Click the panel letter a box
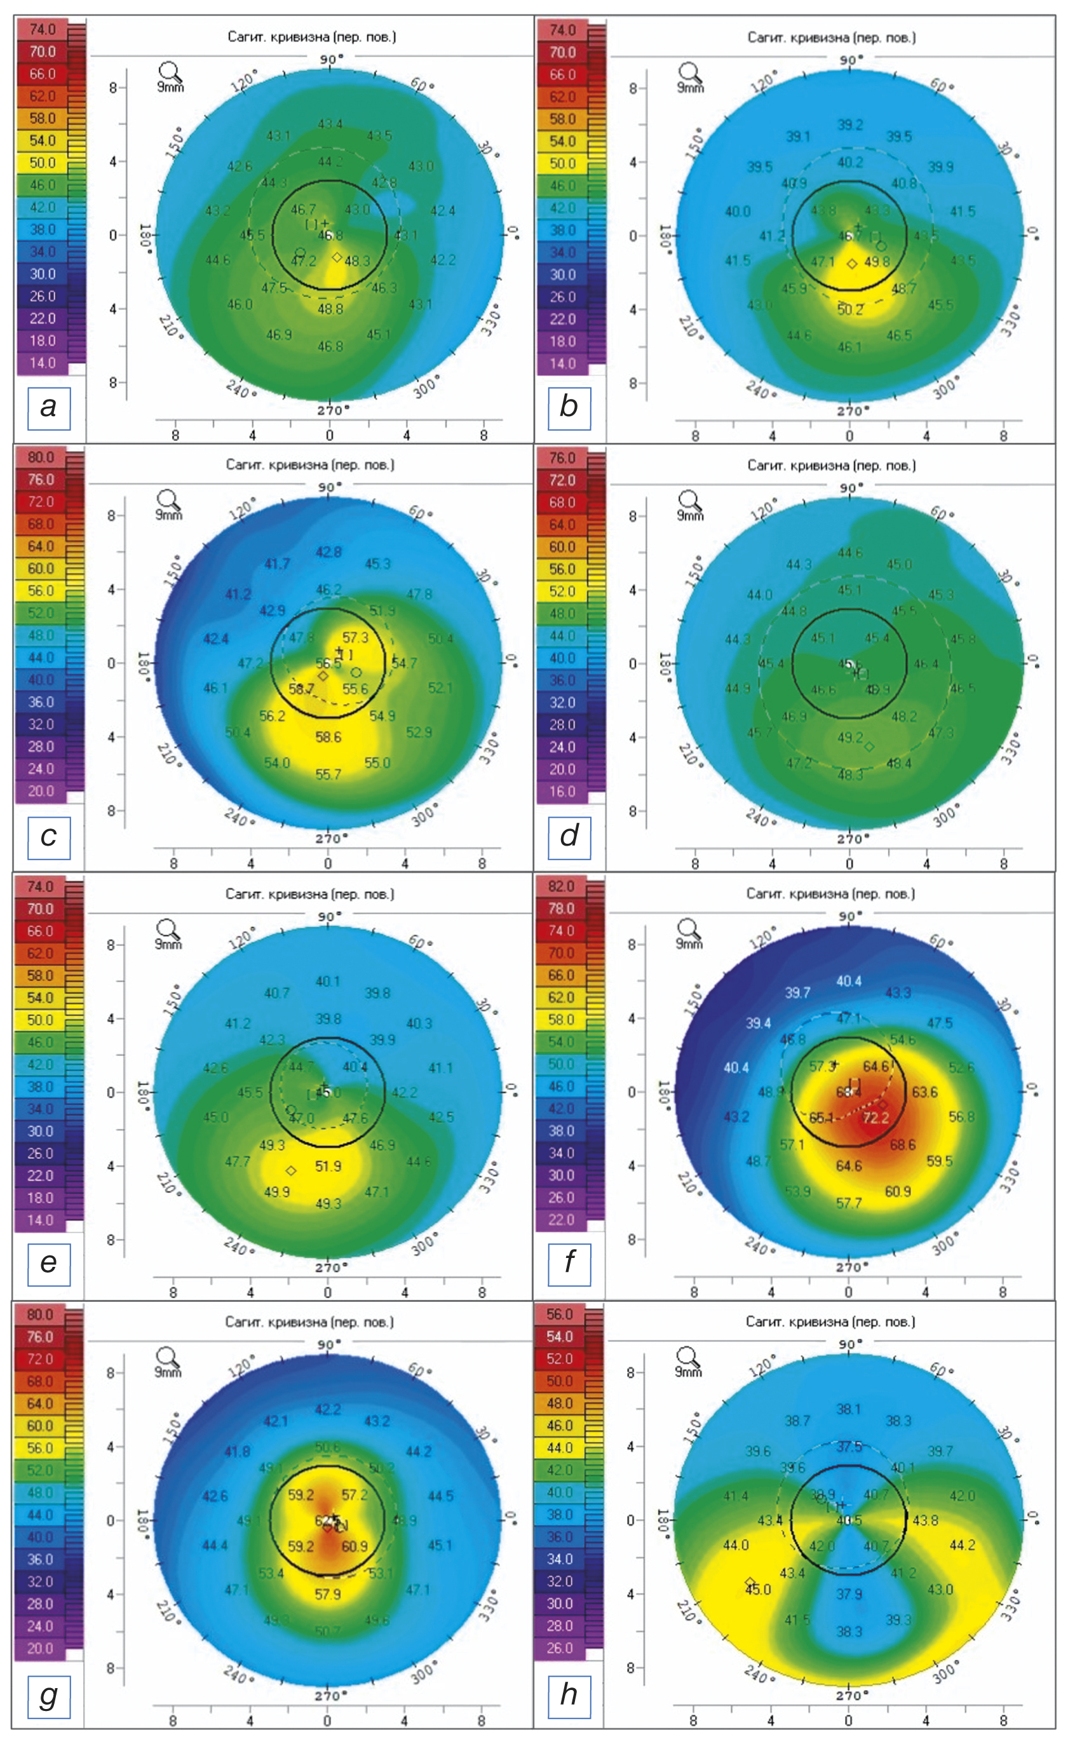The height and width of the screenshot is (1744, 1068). [48, 408]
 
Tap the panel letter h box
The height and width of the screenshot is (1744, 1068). [569, 1694]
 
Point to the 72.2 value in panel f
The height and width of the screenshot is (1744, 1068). [875, 1118]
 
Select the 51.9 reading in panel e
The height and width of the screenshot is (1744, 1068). [328, 1166]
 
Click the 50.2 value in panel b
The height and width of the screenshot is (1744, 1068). [850, 309]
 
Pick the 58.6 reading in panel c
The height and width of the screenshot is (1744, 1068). [328, 737]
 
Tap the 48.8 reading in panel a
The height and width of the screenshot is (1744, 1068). [330, 309]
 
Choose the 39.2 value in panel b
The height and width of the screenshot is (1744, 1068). [850, 125]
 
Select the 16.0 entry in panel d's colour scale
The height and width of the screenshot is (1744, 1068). [562, 791]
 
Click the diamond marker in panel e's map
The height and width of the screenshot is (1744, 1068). [290, 1170]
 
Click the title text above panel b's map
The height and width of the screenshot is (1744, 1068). [832, 37]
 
